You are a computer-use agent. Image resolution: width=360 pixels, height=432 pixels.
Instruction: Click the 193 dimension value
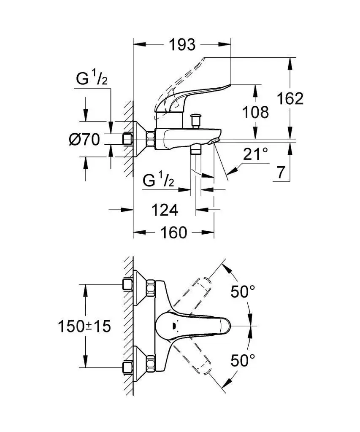point(183,44)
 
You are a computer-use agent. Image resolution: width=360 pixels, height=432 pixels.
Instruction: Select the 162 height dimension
point(290,99)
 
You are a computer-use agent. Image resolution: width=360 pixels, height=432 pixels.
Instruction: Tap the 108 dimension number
point(255,112)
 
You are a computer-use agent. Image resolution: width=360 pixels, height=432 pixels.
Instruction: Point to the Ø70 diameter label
point(84,139)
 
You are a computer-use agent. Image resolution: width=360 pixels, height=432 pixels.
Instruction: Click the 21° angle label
point(255,154)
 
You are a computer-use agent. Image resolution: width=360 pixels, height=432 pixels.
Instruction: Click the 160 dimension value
point(173,232)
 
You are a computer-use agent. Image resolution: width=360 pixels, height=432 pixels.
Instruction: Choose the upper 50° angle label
point(243,292)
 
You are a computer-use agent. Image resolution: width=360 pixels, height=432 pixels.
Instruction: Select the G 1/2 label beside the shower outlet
point(158,181)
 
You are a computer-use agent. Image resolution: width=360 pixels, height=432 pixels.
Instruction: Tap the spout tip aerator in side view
point(214,140)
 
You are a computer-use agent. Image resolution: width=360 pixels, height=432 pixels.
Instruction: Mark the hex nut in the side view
point(150,139)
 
